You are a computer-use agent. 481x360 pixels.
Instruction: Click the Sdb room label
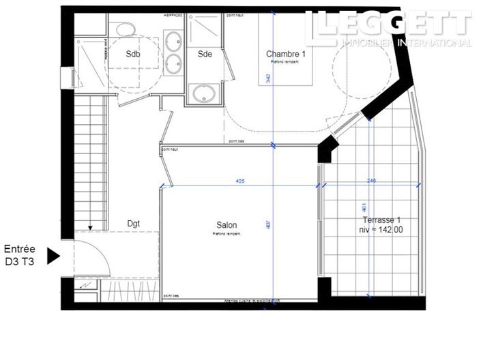[x=133, y=55]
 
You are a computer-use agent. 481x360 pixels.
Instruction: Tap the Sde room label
[x=204, y=55]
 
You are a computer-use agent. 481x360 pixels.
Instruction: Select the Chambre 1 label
[x=286, y=54]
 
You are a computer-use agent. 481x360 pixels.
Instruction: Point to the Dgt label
[x=134, y=222]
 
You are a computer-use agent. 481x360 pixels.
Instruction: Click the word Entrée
[x=20, y=250]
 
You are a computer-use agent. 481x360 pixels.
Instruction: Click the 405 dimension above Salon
[x=239, y=181]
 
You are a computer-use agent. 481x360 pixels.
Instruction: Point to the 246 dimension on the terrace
[x=372, y=181]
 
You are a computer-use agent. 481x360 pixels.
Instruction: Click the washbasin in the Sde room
[x=203, y=93]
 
